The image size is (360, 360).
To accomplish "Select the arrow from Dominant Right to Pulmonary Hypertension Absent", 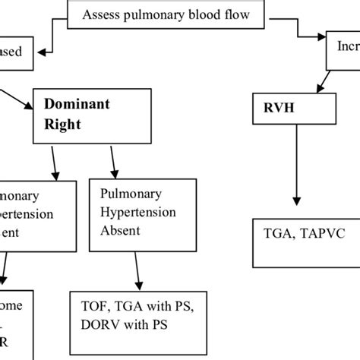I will click(114, 161).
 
